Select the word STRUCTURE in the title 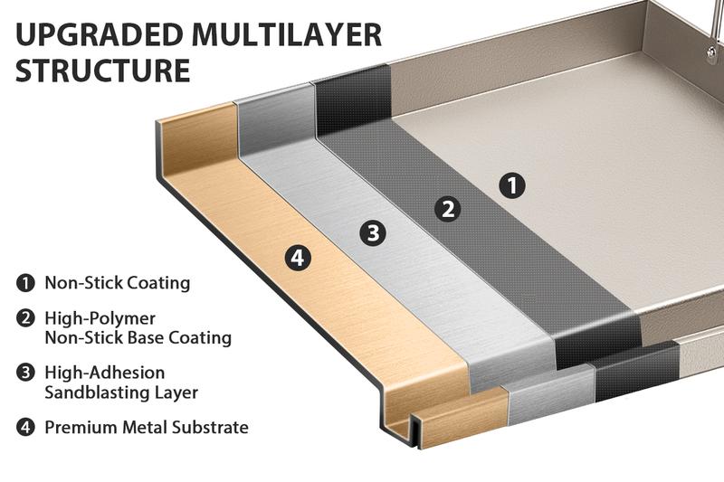(x=103, y=71)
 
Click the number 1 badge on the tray (x=512, y=186)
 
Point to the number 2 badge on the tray (x=447, y=209)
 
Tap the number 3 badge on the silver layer (x=372, y=233)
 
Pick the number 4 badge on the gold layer (x=298, y=258)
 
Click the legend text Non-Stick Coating (x=118, y=283)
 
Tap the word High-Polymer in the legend (x=100, y=318)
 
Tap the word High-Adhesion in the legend (x=105, y=372)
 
